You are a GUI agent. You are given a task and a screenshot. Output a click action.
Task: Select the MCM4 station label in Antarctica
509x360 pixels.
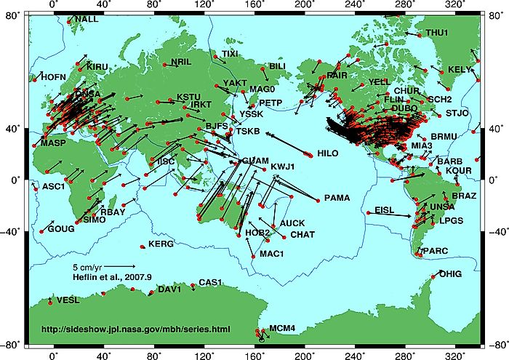tap(282, 329)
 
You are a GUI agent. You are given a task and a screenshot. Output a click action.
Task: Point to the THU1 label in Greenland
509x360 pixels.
tap(437, 33)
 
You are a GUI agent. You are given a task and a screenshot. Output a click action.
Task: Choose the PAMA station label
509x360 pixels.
tap(337, 197)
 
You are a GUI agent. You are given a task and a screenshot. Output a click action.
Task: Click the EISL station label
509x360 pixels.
tap(385, 210)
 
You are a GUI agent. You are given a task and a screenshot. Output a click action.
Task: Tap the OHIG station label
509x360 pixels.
tap(450, 274)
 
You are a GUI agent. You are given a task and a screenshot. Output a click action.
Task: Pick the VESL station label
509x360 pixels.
tap(68, 300)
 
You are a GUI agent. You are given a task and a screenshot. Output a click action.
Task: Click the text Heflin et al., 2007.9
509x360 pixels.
tap(111, 276)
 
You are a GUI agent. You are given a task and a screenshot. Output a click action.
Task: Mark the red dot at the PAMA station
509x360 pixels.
tap(318, 200)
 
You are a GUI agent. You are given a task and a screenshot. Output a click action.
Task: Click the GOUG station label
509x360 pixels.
tap(61, 228)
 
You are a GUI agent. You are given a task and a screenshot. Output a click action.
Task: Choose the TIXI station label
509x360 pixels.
tap(230, 54)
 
